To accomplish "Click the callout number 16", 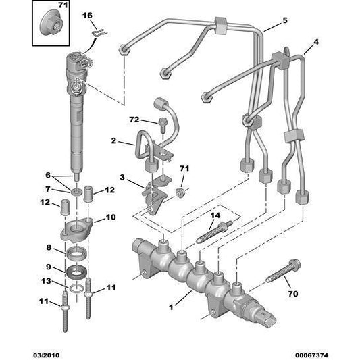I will point(88,15).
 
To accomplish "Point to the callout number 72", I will point(134,120).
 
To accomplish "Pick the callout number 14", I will point(215,216).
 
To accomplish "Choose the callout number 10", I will point(110,218).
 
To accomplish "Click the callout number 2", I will point(114,142).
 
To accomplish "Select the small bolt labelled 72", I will point(162,122).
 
